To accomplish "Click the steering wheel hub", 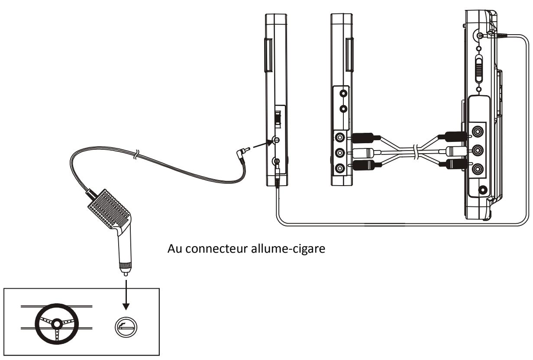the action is coord(57,324).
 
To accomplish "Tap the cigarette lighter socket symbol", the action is coord(126,327).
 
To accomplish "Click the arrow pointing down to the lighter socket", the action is coord(126,295).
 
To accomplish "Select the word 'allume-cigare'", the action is coord(288,249).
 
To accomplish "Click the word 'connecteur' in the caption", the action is coord(217,249).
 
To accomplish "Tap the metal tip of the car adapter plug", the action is coord(126,273).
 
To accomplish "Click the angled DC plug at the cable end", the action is coord(243,154).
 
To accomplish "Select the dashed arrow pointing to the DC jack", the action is coord(263,145).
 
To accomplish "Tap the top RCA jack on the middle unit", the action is coord(340,138).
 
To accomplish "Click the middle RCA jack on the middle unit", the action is coord(340,153).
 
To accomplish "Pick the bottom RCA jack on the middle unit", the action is coord(340,169).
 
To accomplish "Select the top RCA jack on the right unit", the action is coord(477,131).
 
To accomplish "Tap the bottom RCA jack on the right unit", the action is coord(477,169).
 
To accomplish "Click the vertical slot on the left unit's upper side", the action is coord(268,55).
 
